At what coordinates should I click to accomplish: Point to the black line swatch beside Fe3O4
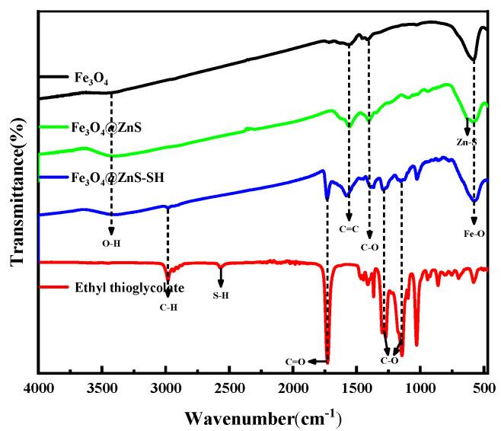pyautogui.click(x=53, y=77)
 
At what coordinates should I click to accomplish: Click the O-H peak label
pyautogui.click(x=112, y=243)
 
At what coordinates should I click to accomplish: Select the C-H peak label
pyautogui.click(x=168, y=307)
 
